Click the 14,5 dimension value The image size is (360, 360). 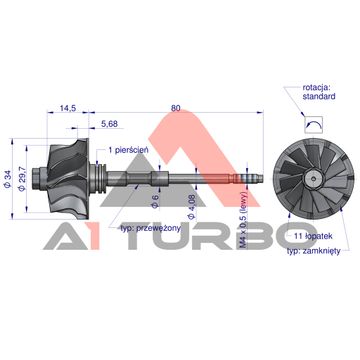click(68, 108)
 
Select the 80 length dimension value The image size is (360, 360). click(175, 108)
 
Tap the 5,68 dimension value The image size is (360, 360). click(109, 124)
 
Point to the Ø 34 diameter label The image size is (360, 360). click(8, 180)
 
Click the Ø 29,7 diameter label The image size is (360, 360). click(22, 179)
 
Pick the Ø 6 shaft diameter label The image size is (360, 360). click(154, 201)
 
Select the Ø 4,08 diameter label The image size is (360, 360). click(191, 207)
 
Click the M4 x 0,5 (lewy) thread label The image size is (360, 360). click(243, 220)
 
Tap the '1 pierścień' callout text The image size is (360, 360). click(128, 150)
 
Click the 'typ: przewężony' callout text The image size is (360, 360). click(151, 228)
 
